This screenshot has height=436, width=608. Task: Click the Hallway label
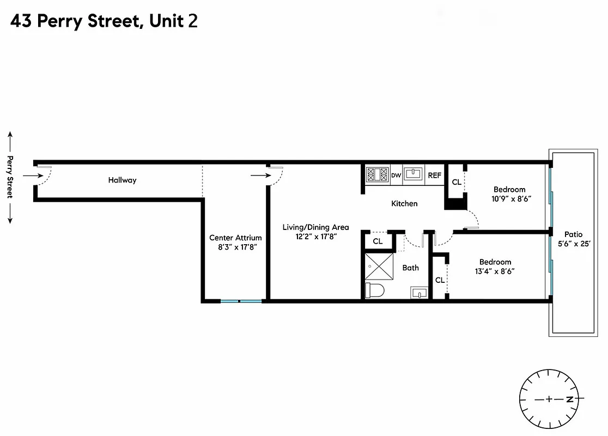(122, 180)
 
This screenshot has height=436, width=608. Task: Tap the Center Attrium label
(235, 238)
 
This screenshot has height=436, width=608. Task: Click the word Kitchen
(404, 203)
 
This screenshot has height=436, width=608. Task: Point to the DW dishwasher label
(396, 175)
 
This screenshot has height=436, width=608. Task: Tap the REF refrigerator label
(434, 175)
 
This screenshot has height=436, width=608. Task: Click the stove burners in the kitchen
(376, 174)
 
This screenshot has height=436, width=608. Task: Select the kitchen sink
(414, 174)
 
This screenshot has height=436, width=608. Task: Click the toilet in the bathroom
(375, 290)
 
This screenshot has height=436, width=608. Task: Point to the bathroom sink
(417, 293)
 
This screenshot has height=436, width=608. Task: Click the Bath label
(411, 268)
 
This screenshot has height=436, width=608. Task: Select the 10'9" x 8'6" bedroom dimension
(511, 199)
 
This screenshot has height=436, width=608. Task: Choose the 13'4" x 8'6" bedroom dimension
(495, 271)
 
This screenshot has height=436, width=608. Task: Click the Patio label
(573, 234)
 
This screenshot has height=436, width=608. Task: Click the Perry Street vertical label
(10, 177)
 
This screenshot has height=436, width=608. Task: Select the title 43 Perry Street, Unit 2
(104, 21)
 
